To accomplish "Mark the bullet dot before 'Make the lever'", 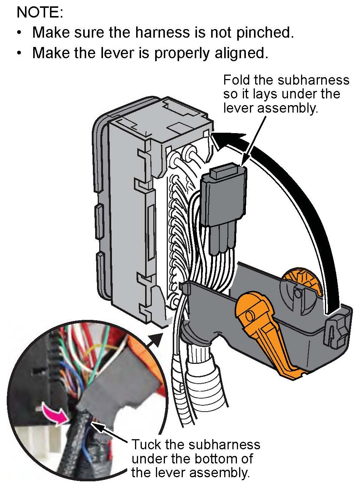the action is point(19,53).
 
